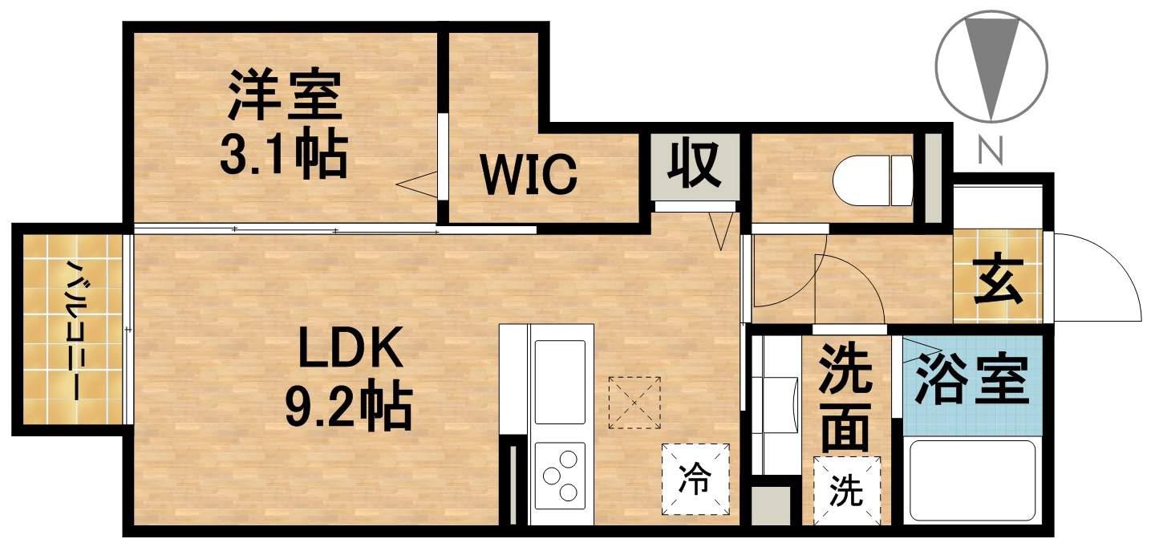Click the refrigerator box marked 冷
[x=695, y=479]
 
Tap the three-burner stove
[x=561, y=476]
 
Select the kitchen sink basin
[x=561, y=381]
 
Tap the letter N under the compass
[x=993, y=150]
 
